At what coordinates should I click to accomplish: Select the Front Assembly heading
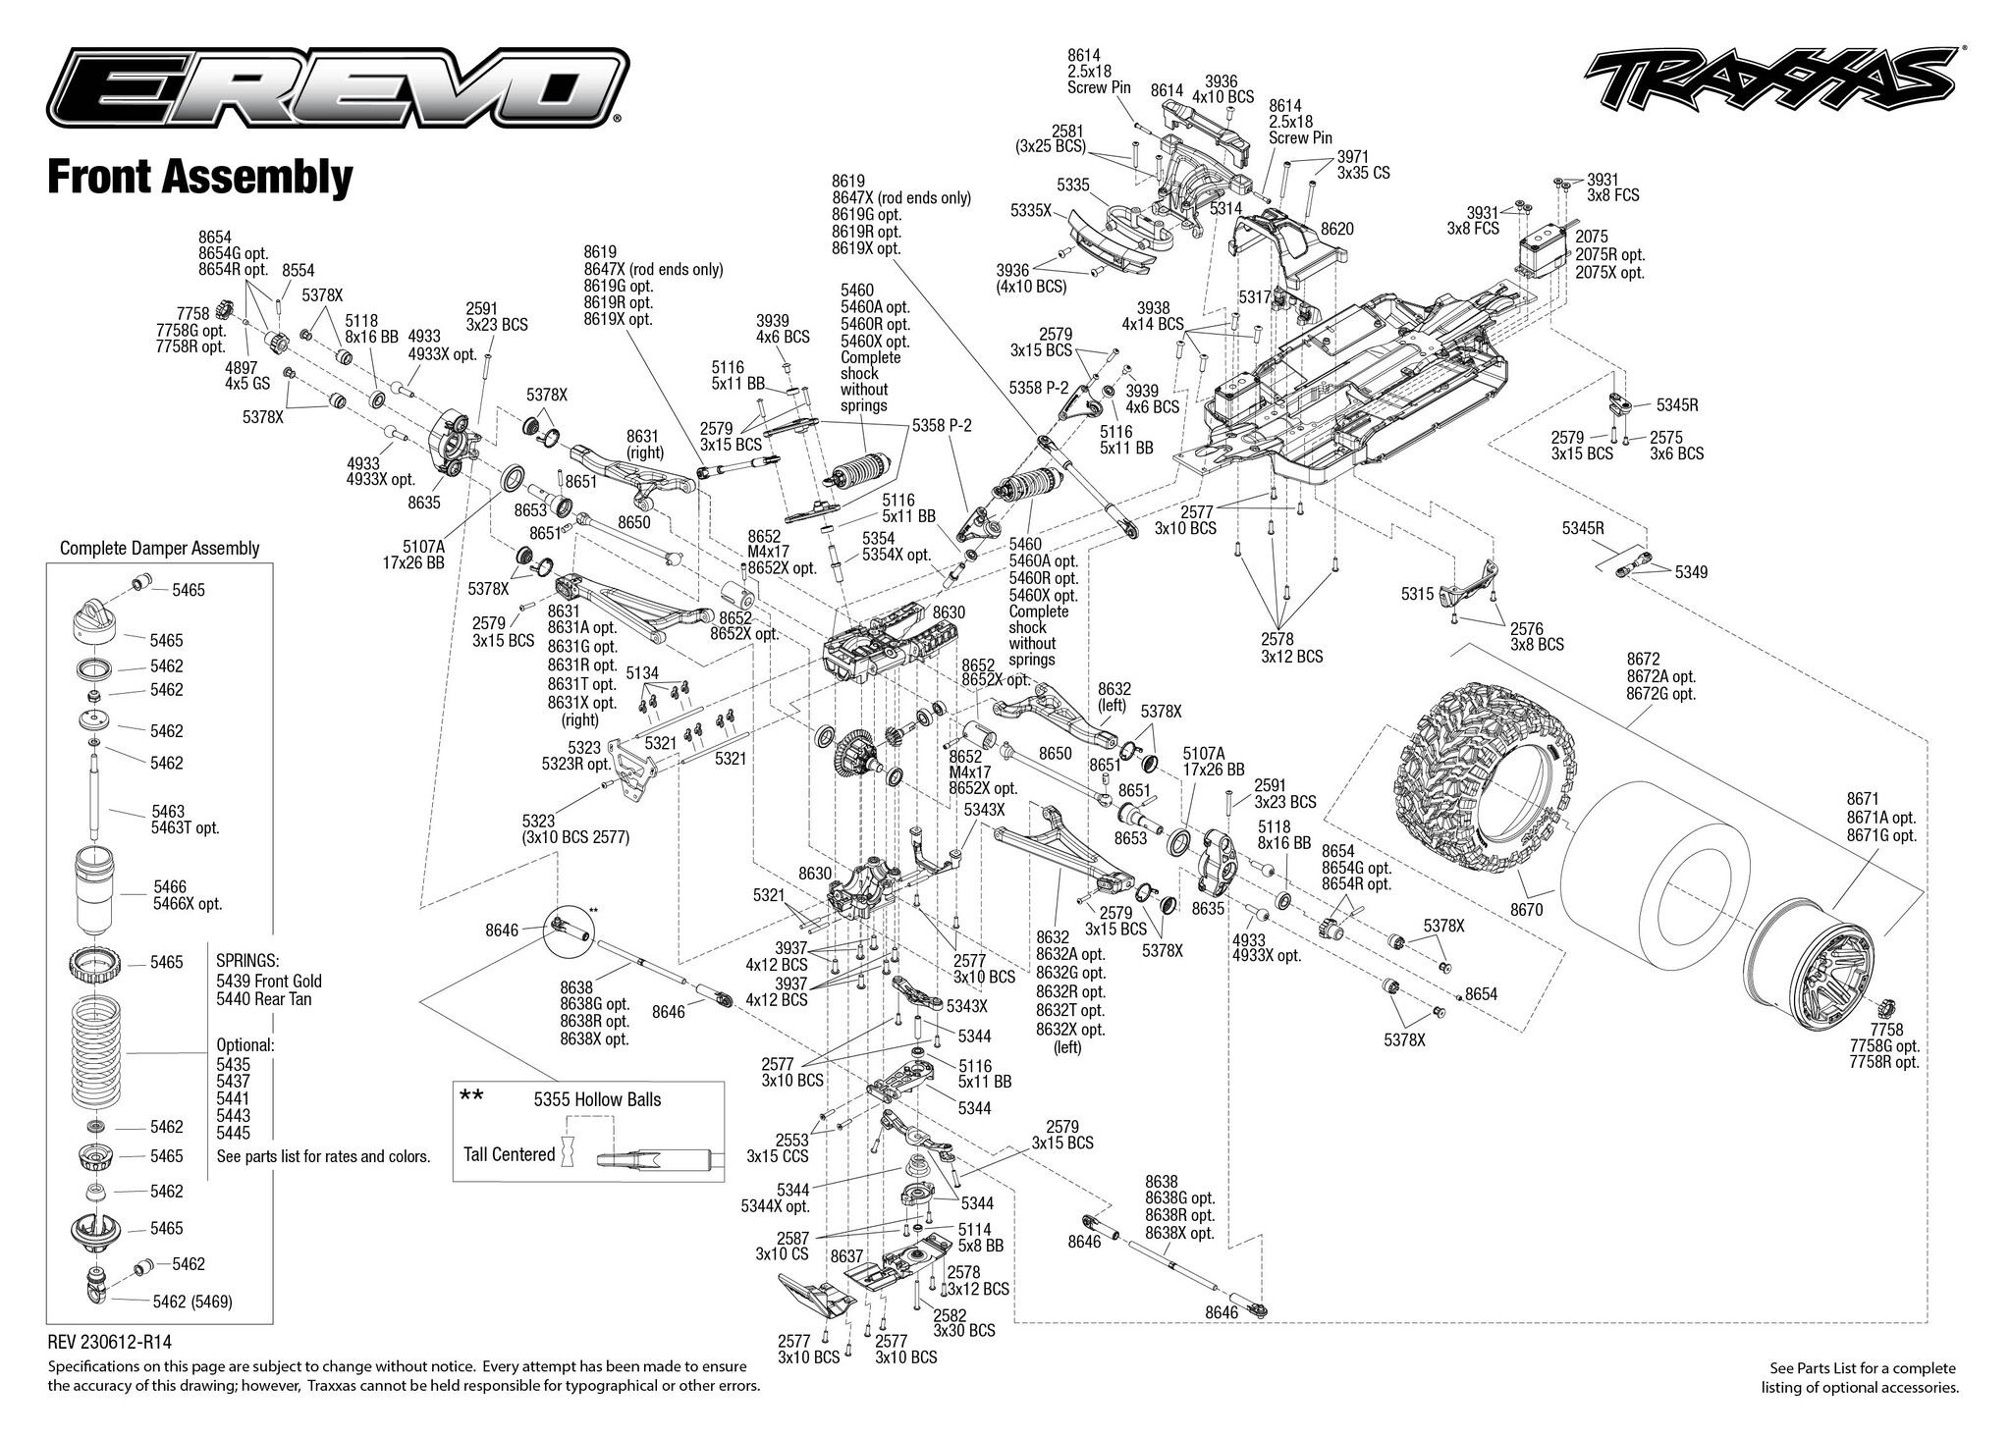click(x=200, y=178)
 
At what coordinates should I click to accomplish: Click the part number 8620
click(x=1336, y=229)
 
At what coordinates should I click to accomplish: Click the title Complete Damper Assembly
click(x=159, y=548)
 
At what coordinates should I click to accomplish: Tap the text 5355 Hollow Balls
click(x=597, y=1099)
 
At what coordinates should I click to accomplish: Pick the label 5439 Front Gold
click(x=268, y=981)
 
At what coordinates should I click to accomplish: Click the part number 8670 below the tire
click(x=1527, y=910)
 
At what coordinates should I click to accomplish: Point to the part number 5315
click(x=1418, y=594)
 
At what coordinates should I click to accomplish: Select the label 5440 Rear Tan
click(x=263, y=998)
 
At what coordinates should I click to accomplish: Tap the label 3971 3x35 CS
click(x=1363, y=164)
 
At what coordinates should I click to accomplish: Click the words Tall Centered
click(x=509, y=1154)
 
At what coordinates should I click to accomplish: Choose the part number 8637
click(x=846, y=1255)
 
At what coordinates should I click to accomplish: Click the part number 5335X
click(x=1031, y=210)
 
